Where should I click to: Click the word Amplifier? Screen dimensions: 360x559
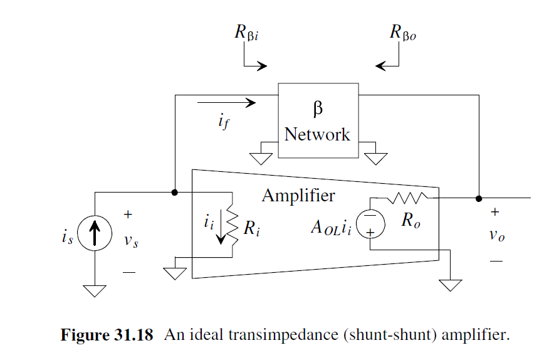pyautogui.click(x=298, y=196)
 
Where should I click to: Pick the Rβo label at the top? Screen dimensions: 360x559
pyautogui.click(x=402, y=33)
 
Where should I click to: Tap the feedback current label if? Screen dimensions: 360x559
pyautogui.click(x=224, y=122)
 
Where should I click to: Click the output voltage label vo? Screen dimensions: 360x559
pyautogui.click(x=496, y=236)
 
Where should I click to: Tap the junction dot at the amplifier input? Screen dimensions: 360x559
pyautogui.click(x=175, y=192)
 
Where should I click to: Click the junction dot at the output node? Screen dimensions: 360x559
pyautogui.click(x=479, y=198)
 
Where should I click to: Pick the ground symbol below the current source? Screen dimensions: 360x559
pyautogui.click(x=95, y=290)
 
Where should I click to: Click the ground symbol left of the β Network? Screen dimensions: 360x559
pyautogui.click(x=259, y=158)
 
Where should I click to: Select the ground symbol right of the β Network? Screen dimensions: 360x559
pyautogui.click(x=376, y=158)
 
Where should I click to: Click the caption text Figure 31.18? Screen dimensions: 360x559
pyautogui.click(x=107, y=335)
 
